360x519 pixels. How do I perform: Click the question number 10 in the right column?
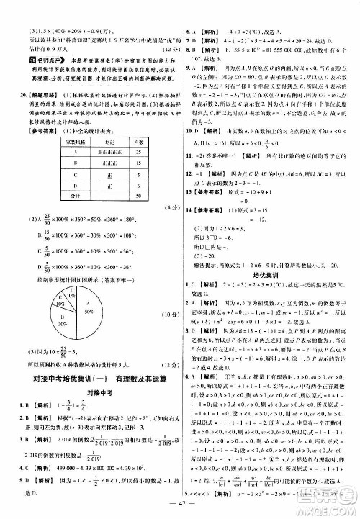(191, 153)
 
